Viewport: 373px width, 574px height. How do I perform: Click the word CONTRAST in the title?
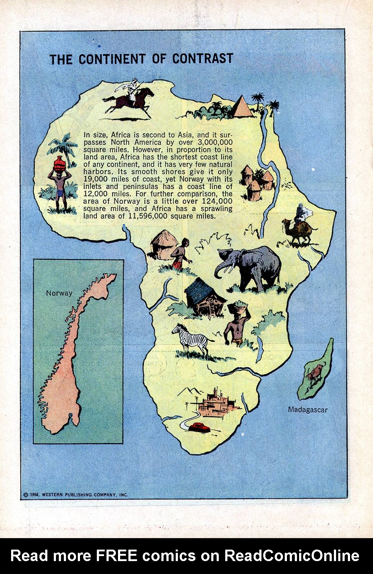(x=203, y=58)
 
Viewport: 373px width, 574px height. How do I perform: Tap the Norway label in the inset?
(x=59, y=293)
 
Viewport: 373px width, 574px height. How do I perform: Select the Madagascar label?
(x=308, y=409)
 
